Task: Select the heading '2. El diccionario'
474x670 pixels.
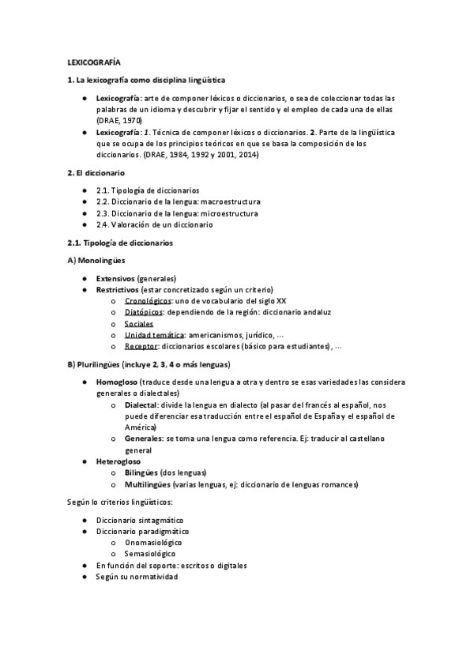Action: pyautogui.click(x=95, y=172)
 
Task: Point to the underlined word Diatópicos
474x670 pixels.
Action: pyautogui.click(x=146, y=312)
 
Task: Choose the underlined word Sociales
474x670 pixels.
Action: pyautogui.click(x=139, y=323)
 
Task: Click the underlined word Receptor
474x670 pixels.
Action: pyautogui.click(x=141, y=346)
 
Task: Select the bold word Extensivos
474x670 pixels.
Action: pyautogui.click(x=115, y=279)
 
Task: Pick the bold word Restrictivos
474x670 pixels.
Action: pyautogui.click(x=117, y=290)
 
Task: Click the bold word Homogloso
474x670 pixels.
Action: pyautogui.click(x=118, y=382)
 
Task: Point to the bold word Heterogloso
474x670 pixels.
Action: pyautogui.click(x=120, y=460)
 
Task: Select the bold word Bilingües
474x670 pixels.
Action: pyautogui.click(x=141, y=472)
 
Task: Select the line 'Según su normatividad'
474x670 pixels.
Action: pyautogui.click(x=137, y=577)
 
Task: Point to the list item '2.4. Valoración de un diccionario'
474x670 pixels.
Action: pyautogui.click(x=156, y=224)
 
